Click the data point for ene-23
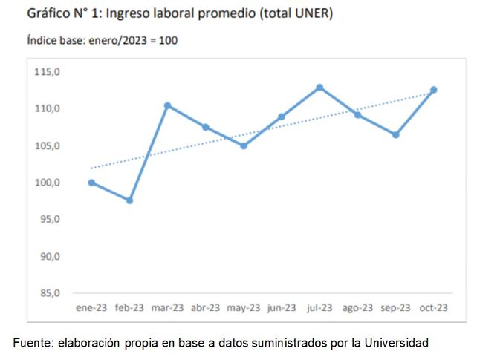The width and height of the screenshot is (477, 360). (91, 183)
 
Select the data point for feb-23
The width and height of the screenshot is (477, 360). (129, 200)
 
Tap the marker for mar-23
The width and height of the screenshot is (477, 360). (168, 105)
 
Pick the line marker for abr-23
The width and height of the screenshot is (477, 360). (206, 127)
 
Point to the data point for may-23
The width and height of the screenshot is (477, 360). (244, 145)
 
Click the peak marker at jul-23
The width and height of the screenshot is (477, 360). (319, 88)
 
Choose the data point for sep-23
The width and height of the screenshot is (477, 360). (396, 135)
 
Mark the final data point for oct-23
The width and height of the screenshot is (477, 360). (434, 90)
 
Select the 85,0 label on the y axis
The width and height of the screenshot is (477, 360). (49, 293)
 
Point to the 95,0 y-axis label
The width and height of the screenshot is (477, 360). (49, 220)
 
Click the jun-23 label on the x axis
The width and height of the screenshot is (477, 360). (282, 307)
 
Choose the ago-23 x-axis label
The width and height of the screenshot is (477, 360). (358, 307)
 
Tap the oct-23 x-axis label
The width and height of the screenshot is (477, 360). (434, 307)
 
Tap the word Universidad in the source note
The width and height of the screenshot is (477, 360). (397, 343)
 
